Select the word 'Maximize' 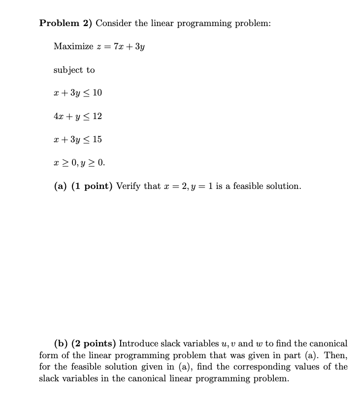coord(73,47)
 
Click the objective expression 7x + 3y coord(129,47)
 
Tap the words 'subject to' coord(74,70)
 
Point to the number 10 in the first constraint coord(97,93)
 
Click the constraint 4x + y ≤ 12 coord(77,116)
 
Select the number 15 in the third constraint coord(97,139)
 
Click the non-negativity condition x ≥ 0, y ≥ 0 coord(79,162)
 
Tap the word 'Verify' coord(130,186)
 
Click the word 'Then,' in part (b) coord(337,355)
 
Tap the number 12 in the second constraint coord(97,116)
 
